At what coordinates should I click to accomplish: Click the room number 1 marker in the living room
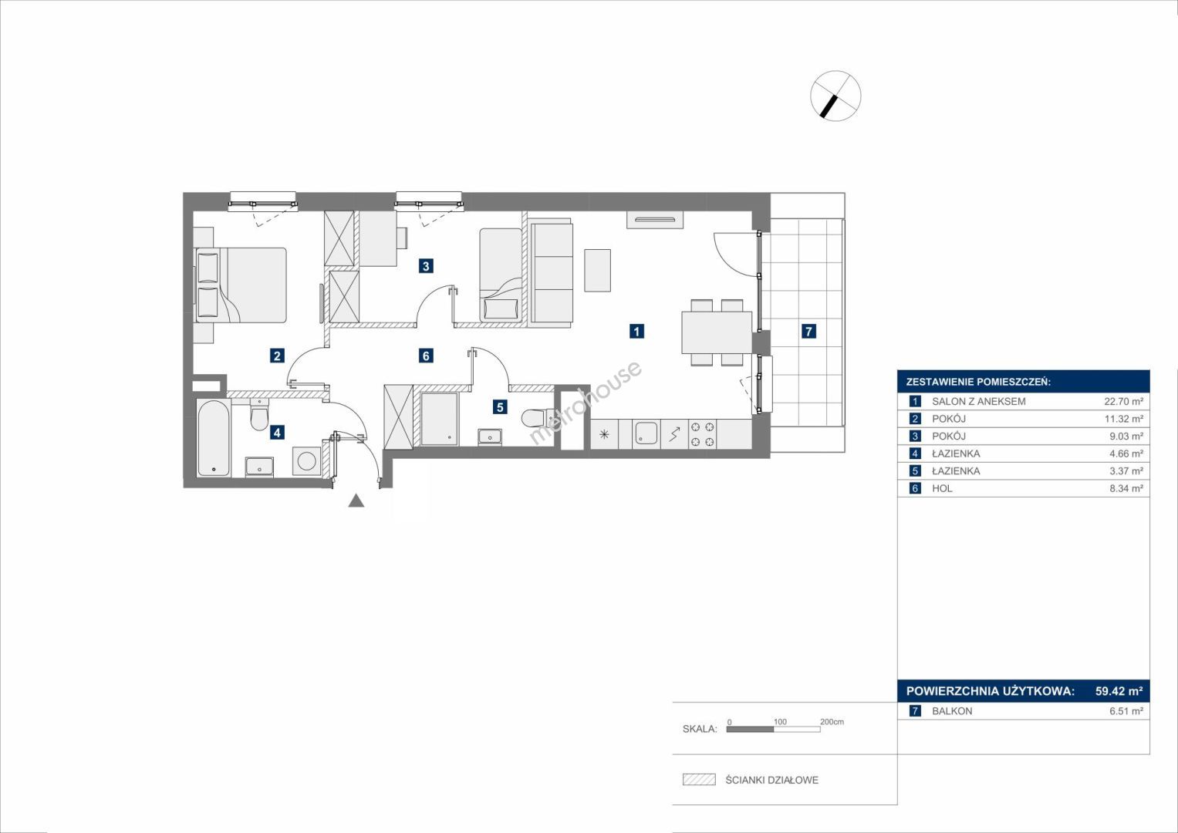636,332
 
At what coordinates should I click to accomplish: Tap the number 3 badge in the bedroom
426,266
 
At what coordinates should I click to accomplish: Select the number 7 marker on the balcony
808,332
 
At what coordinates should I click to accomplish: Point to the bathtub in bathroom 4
214,439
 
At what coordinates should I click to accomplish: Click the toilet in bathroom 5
538,419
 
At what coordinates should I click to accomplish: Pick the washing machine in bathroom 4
306,460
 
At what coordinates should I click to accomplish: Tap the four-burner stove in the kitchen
703,434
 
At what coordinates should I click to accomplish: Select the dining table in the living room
717,332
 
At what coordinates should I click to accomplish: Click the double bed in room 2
241,285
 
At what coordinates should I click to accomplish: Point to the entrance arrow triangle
356,501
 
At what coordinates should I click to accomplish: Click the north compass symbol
835,96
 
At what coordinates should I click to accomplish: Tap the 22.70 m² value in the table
1124,401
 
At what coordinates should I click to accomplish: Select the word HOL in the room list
942,488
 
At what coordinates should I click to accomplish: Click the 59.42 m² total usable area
1119,690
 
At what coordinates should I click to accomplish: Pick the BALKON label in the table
952,711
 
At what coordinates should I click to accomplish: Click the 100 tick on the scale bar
781,721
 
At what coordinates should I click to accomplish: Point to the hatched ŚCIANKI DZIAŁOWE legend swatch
699,779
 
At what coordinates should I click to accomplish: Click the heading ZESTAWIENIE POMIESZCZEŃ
978,383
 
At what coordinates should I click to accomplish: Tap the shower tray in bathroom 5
439,419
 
